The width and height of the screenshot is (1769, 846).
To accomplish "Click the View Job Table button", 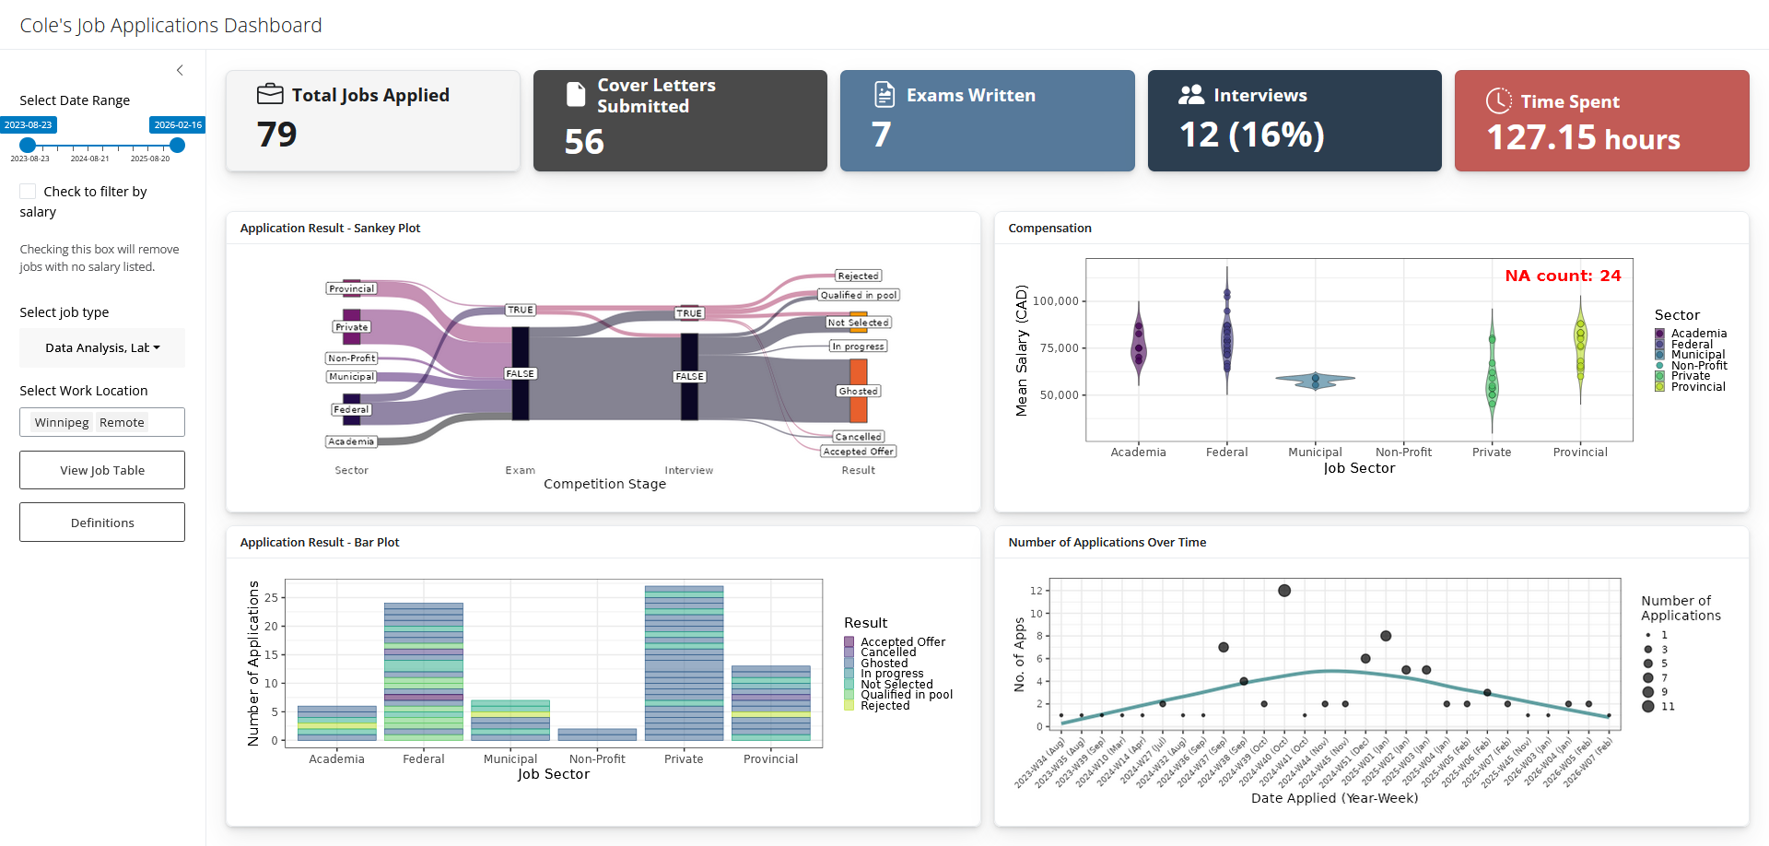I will [x=102, y=470].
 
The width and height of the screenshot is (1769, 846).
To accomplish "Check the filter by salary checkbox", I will [x=29, y=192].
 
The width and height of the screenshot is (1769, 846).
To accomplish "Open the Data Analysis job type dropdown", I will [x=102, y=347].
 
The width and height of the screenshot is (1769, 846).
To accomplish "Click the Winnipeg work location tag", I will [x=62, y=422].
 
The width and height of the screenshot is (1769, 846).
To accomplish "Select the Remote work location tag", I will [x=122, y=422].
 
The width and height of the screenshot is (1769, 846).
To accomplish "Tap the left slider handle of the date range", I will [x=28, y=145].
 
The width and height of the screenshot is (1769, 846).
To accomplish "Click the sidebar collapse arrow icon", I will [x=180, y=70].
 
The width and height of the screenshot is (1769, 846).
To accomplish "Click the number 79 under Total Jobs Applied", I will [x=276, y=135].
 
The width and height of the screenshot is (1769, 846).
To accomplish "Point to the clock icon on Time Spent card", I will [x=1499, y=100].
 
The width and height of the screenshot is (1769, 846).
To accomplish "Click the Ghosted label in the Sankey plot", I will [x=859, y=391].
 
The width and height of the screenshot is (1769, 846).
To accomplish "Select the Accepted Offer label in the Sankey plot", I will [x=859, y=452].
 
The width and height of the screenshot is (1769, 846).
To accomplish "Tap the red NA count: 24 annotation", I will [x=1563, y=276].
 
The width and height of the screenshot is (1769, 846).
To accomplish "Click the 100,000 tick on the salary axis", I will [x=1055, y=301].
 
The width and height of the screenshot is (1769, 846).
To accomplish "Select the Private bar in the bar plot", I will [x=684, y=664].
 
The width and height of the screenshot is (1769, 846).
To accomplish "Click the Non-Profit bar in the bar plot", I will [x=597, y=734].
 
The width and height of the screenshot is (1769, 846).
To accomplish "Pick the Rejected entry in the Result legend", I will [x=884, y=706].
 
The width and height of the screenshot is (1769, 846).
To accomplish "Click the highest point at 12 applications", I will [x=1284, y=591].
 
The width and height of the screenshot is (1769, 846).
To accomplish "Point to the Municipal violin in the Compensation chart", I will [x=1316, y=379].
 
